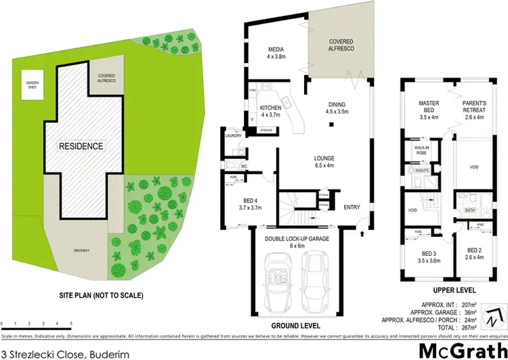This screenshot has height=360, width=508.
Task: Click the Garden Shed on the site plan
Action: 33,88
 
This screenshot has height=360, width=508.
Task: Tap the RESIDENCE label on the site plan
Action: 80,145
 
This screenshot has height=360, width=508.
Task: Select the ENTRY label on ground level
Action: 352,207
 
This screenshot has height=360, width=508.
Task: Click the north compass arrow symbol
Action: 499,315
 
